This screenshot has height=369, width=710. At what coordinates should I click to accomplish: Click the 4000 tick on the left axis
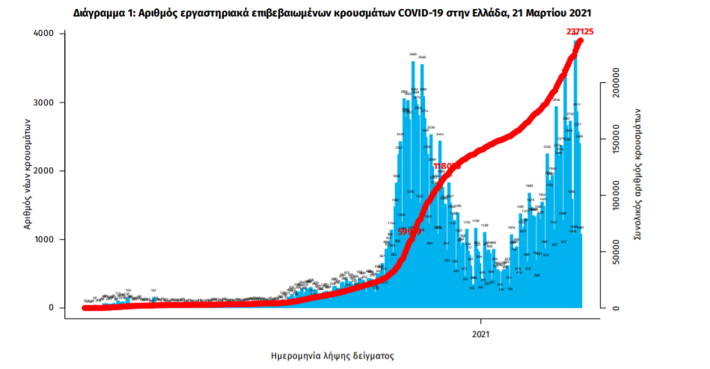tap(43, 34)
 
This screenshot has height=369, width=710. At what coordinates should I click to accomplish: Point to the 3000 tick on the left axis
tap(43, 102)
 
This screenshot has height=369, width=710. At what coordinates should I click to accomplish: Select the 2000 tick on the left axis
tap(43, 171)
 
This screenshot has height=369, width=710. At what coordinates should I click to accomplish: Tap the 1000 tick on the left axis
tap(43, 240)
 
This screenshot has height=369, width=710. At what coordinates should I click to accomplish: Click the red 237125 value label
tap(584, 31)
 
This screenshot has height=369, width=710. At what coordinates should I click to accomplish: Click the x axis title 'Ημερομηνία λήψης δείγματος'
tap(332, 356)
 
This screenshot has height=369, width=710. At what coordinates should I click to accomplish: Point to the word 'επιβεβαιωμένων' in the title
tap(287, 13)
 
